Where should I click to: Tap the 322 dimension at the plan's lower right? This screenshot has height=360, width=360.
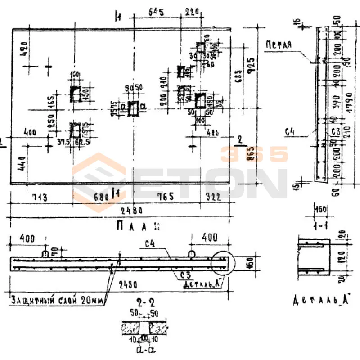pos(213,197)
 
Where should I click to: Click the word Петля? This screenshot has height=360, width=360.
pos(279,45)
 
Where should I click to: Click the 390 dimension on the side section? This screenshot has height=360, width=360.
pos(334,104)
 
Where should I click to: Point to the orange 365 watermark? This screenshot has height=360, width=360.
pos(254,155)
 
